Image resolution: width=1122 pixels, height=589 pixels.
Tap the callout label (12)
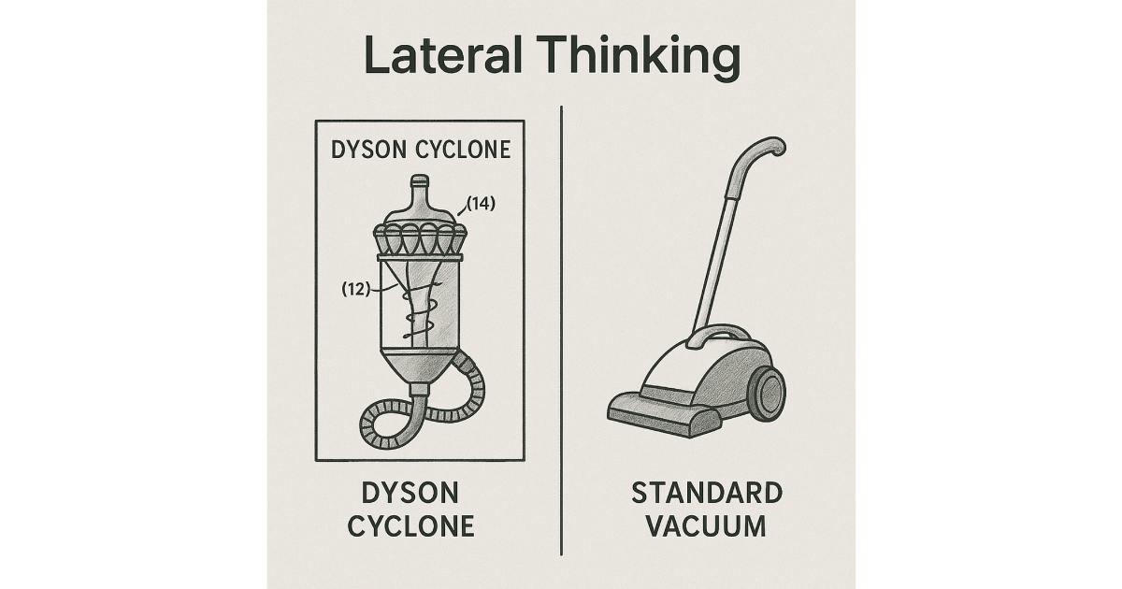click(356, 290)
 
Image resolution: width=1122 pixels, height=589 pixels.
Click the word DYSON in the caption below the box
click(411, 493)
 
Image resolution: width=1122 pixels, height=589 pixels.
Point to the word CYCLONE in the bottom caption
click(411, 525)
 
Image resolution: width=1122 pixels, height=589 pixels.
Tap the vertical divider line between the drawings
click(561, 327)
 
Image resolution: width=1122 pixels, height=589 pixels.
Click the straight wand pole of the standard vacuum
click(720, 243)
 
